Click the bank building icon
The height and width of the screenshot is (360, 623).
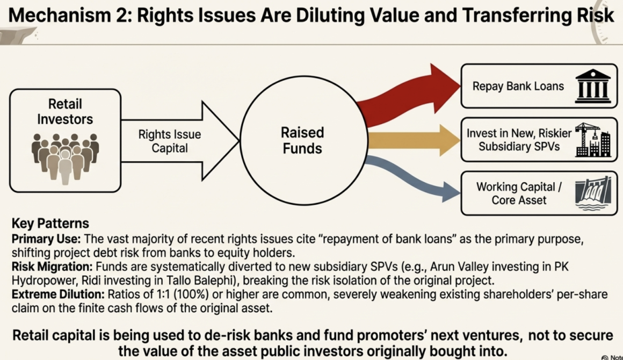[x=593, y=85]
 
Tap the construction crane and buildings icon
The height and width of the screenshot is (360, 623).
[x=592, y=140]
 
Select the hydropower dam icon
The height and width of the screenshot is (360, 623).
[x=593, y=193]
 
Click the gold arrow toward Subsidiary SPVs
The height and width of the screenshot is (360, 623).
[x=408, y=140]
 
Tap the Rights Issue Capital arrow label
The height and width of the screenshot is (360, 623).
[x=170, y=141]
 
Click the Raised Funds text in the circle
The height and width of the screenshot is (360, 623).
[x=302, y=140]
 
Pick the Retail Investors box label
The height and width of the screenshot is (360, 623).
[x=65, y=111]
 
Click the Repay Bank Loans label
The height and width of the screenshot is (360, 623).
[x=518, y=86]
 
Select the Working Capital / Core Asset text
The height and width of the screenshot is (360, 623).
[x=519, y=193]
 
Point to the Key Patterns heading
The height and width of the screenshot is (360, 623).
[x=50, y=224]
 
